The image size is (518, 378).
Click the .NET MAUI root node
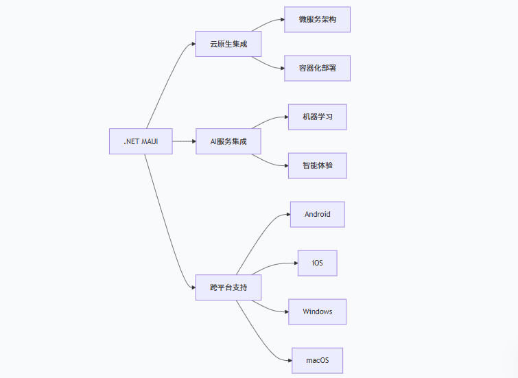click(x=141, y=141)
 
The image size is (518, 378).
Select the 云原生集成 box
click(x=228, y=44)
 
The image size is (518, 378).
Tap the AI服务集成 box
click(x=228, y=141)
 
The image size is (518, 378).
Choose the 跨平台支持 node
click(x=228, y=287)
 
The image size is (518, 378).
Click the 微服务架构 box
click(x=318, y=20)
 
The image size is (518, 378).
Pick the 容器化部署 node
click(x=318, y=69)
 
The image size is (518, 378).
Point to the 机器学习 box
click(x=318, y=117)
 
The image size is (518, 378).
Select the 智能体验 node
click(x=318, y=166)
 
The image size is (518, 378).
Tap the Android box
click(x=318, y=215)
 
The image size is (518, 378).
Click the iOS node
click(x=318, y=263)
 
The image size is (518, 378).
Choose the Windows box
click(x=318, y=312)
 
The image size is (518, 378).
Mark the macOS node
click(x=318, y=361)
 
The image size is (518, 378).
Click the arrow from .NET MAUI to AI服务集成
click(x=184, y=141)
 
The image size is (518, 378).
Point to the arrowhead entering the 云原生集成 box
click(x=192, y=44)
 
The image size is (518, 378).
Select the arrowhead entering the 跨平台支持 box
click(x=192, y=287)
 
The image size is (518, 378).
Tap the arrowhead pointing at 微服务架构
click(x=281, y=20)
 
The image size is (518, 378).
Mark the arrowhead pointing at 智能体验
click(x=285, y=166)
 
